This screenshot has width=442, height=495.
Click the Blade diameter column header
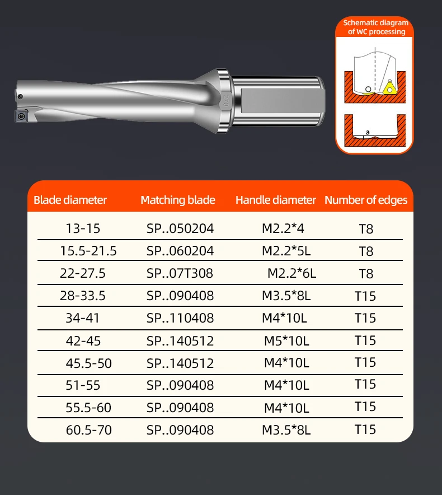coord(70,200)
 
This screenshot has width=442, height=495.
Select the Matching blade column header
coord(178,200)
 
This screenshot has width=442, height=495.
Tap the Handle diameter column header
coord(275,200)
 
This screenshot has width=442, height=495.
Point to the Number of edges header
coord(366,200)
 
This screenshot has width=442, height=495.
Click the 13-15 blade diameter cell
coord(83,228)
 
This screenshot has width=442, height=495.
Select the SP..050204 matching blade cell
coord(180,228)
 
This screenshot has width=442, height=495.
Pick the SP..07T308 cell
coord(180,273)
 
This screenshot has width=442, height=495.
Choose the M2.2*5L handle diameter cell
coord(286,251)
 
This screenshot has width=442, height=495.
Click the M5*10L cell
coord(286,341)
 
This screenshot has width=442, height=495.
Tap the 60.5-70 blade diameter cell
coord(88,430)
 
